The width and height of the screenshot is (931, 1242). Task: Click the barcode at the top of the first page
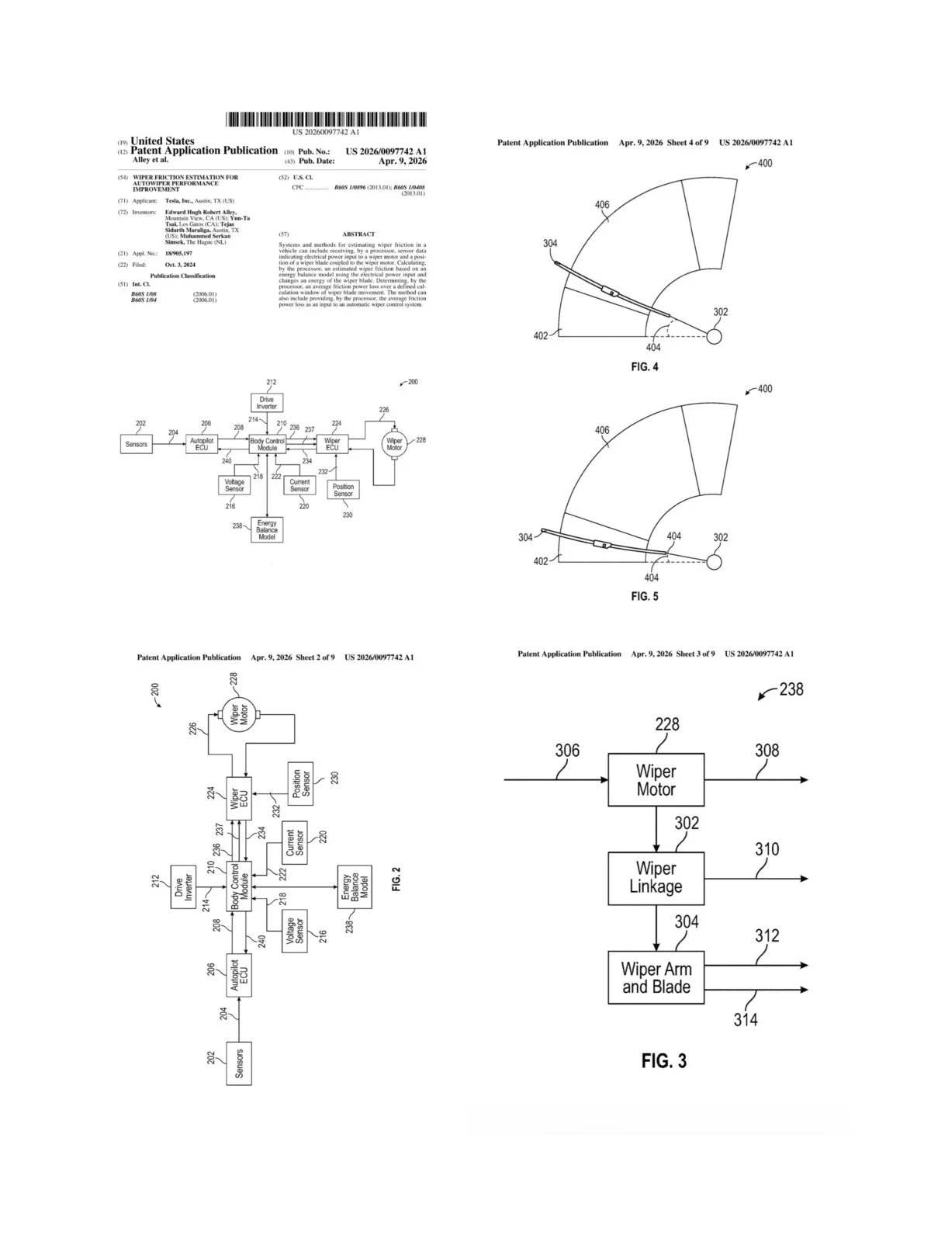coord(326,120)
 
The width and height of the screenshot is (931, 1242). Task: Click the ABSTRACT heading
coord(358,234)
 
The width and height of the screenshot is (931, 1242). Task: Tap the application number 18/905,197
coord(178,253)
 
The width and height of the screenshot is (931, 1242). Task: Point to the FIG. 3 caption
coord(663,1060)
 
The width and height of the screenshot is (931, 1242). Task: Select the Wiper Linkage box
coord(656,878)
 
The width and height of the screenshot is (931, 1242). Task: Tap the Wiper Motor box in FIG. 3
coord(656,780)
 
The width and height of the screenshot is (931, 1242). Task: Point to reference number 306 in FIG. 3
coord(567,751)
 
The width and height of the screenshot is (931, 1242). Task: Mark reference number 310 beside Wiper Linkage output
coord(767,850)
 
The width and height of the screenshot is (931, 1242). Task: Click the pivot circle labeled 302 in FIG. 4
coord(714,336)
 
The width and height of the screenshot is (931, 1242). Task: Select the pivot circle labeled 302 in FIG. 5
coord(714,560)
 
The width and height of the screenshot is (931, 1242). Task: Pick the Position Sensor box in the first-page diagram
coord(343,490)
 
